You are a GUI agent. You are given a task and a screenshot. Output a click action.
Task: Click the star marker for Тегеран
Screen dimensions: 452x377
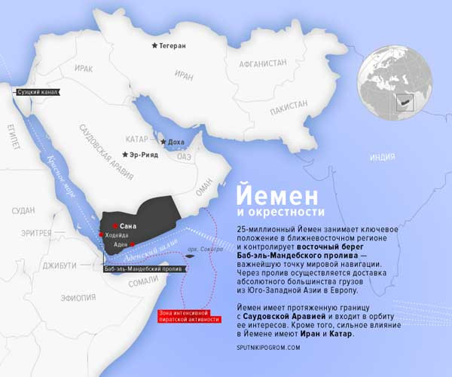[154, 46]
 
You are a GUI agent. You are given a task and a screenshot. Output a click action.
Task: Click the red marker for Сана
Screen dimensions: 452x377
[115, 225]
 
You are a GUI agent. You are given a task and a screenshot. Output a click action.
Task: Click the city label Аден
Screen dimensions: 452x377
[121, 245]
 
